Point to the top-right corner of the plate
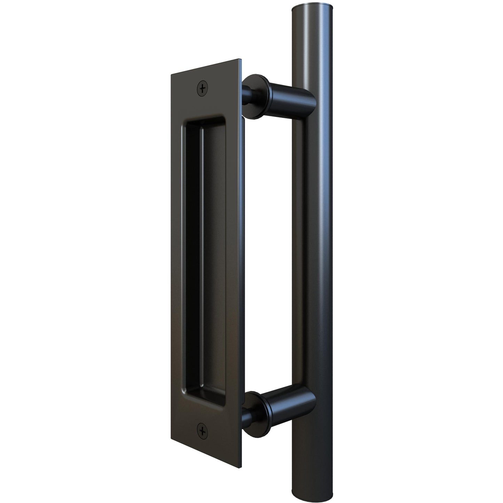pyautogui.click(x=239, y=58)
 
